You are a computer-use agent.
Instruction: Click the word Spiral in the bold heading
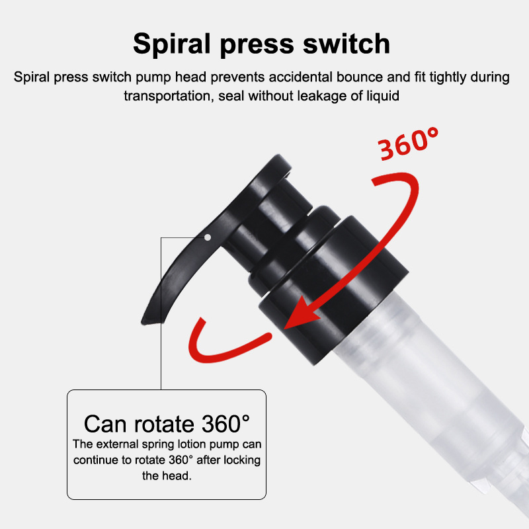[x=171, y=44]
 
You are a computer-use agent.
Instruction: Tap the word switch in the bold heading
[x=346, y=43]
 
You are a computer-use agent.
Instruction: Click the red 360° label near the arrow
[x=407, y=143]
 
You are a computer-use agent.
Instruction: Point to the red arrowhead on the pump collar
[x=300, y=313]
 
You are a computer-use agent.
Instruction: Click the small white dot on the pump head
[x=208, y=237]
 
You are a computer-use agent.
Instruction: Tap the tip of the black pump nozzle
[x=143, y=322]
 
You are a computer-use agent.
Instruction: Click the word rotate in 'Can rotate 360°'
[x=165, y=424]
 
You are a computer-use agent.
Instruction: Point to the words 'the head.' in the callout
[x=167, y=475]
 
